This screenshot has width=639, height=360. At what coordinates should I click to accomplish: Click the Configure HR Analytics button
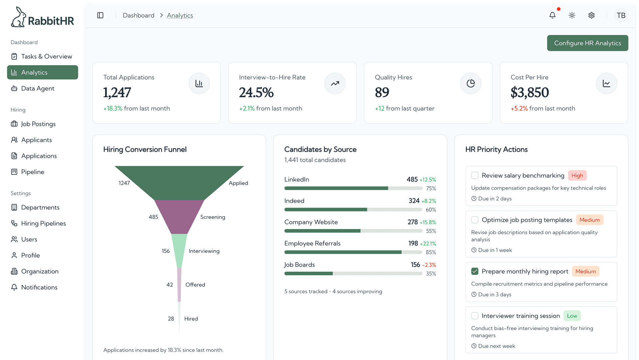(587, 43)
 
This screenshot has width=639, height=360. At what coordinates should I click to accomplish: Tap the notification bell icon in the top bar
(552, 15)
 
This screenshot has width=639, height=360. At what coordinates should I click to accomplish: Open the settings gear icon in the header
(591, 15)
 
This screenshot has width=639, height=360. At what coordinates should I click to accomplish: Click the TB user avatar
(621, 15)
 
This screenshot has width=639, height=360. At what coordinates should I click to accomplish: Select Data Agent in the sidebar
(38, 88)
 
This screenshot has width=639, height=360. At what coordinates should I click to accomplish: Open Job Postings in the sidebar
(38, 124)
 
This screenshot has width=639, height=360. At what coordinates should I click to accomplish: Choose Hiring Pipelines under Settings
(43, 223)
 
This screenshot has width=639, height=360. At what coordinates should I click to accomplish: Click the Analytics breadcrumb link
(180, 15)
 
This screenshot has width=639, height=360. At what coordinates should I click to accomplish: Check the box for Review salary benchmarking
(475, 176)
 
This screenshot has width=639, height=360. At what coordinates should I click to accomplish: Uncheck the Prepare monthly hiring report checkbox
(475, 271)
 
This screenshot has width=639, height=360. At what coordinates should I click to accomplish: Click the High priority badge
(577, 176)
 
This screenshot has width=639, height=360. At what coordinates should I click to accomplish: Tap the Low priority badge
(572, 316)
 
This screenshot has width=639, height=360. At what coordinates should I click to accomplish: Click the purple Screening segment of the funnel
(179, 216)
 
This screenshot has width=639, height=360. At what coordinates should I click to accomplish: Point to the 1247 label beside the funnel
(124, 183)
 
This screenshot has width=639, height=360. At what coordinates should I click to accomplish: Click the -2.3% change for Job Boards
(429, 265)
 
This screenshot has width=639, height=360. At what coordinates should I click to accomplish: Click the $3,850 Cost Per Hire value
(530, 93)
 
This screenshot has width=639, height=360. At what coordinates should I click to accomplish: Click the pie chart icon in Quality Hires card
(471, 84)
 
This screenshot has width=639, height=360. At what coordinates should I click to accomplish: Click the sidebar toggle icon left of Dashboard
(100, 15)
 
